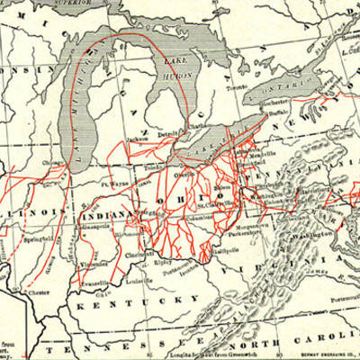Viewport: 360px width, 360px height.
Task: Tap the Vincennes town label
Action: coord(88,253)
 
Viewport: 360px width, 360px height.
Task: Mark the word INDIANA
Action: coord(108,216)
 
